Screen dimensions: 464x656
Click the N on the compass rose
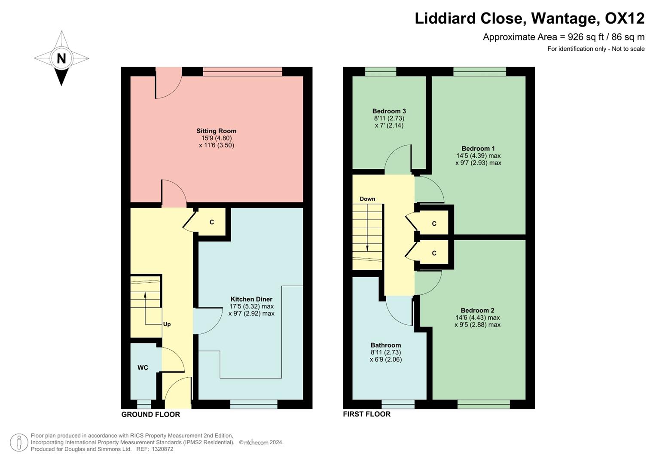coord(61,58)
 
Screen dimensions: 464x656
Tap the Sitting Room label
coord(216,131)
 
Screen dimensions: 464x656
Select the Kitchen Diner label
coord(251,299)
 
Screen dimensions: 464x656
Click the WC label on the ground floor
coord(143,367)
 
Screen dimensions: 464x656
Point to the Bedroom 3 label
coord(389,111)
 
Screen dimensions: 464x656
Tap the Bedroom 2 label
coord(477,310)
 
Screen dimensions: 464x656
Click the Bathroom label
coord(385,345)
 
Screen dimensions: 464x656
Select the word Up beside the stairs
coord(167,324)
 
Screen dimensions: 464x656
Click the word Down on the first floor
coord(367,199)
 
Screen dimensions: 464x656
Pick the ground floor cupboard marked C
coord(211,222)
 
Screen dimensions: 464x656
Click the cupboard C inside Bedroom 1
coord(434,223)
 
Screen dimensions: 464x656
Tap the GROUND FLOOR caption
coord(150,414)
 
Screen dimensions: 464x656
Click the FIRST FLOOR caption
coord(366,414)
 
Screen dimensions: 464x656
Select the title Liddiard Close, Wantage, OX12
coord(529,18)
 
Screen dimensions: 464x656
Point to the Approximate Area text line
coord(563,37)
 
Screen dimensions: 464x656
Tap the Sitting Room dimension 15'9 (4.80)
coord(216,138)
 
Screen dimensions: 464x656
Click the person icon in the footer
coord(18,443)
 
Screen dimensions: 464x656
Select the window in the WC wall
coord(144,404)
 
